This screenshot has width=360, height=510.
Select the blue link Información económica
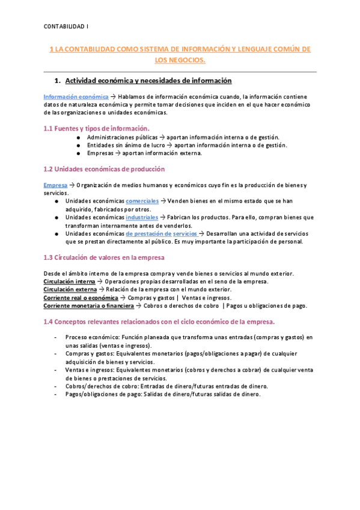[76, 96]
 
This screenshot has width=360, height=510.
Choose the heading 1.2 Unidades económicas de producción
[105, 169]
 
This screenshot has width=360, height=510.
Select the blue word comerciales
[142, 201]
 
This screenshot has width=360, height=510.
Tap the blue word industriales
[142, 217]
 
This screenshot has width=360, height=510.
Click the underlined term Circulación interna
[69, 281]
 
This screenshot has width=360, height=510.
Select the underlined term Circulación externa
[70, 289]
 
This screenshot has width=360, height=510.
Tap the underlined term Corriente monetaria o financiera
[88, 306]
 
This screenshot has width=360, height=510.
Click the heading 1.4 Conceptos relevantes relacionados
[159, 321]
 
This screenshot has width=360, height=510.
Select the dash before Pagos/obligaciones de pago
[56, 395]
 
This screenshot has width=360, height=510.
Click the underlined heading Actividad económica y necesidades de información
[156, 81]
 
